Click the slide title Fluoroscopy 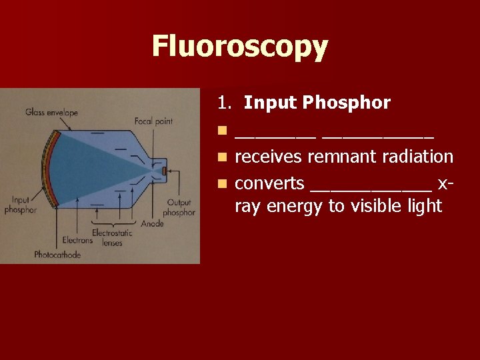point(240,47)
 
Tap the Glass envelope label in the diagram point(51,112)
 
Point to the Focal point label point(153,121)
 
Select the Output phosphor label point(179,207)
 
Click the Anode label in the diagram point(152,223)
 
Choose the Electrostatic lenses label point(112,238)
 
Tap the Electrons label point(77,240)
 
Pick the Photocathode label point(57,255)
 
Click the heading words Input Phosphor point(317,103)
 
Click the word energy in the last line point(294,207)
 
